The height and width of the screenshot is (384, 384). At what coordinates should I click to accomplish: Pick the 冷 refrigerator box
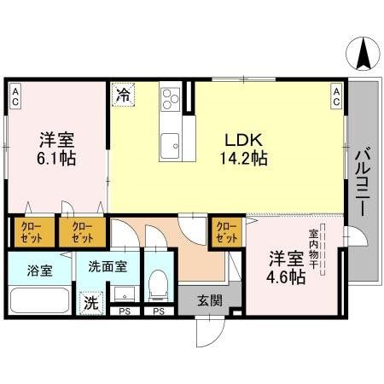(124, 94)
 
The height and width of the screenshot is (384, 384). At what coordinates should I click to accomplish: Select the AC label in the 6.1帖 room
(16, 95)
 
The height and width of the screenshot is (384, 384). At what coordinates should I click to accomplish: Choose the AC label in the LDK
(336, 96)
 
